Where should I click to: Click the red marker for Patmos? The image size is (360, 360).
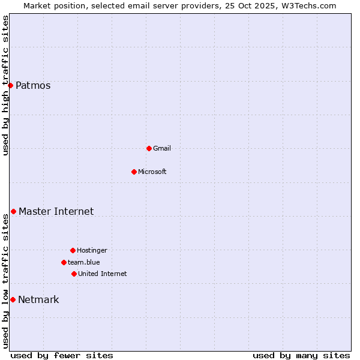coord(10,85)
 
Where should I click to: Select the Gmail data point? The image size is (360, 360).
coord(149,148)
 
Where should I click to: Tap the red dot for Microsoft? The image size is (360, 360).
coord(134,172)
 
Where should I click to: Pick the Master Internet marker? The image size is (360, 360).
coord(13,211)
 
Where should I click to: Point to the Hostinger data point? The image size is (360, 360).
coord(73,250)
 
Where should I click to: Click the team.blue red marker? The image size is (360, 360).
coord(64,262)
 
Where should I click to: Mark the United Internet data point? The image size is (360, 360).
coord(74,274)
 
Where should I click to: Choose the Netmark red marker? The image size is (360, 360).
coord(13,299)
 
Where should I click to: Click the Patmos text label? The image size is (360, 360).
coord(33,85)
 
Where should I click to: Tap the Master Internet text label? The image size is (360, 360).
coord(56,211)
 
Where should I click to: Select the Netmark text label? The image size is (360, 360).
coord(38,299)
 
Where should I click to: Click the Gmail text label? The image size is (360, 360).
coord(162,148)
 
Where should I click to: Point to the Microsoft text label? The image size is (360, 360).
coord(152,172)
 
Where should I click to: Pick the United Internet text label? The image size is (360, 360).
coord(103,274)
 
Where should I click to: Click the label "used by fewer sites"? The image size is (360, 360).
coord(62,355)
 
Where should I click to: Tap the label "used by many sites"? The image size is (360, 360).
coord(301,355)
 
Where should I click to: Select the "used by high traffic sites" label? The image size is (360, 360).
coord(5,85)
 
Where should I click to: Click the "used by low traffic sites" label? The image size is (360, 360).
coord(5,281)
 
